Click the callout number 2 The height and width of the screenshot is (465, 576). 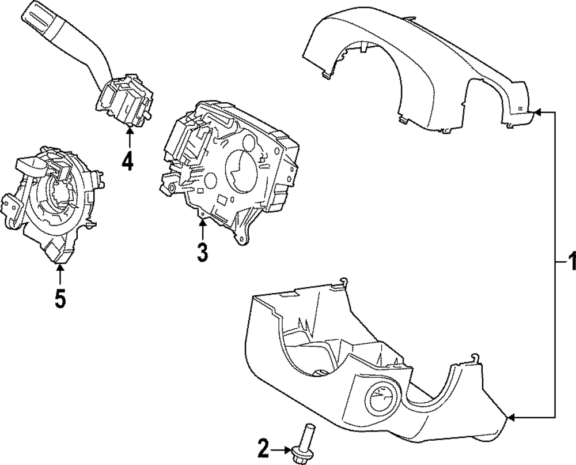tap(263, 447)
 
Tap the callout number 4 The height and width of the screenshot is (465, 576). tap(127, 161)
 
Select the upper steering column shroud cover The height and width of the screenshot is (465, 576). tap(420, 69)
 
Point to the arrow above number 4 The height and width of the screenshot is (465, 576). tap(129, 136)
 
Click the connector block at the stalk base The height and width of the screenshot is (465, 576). tap(124, 101)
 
